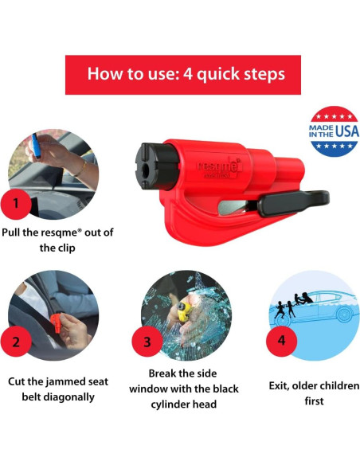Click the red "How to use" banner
183,75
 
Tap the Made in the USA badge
334,131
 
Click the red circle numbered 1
16,204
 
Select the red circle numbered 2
16,342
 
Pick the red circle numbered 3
147,342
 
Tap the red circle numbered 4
281,341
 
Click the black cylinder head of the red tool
156,166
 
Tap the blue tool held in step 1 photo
36,146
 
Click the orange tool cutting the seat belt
56,323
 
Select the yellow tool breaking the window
184,311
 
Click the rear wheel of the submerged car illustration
345,315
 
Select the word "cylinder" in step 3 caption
170,404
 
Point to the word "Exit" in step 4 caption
279,386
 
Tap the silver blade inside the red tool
233,207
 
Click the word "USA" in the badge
347,131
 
